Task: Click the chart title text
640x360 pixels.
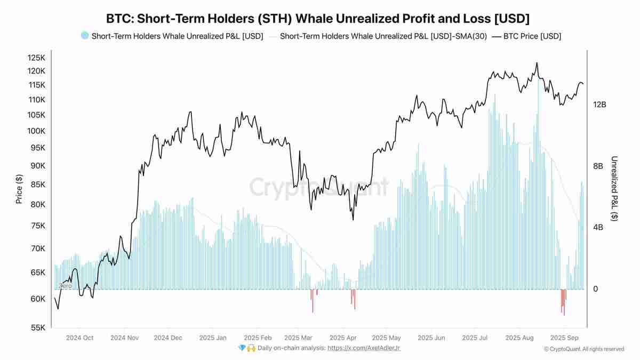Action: (x=318, y=19)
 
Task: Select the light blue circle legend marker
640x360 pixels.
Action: (x=84, y=36)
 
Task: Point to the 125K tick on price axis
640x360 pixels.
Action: (x=37, y=57)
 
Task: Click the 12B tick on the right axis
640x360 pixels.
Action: (x=599, y=105)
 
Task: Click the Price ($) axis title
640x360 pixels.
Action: (x=19, y=190)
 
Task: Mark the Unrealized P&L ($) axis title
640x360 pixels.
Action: (x=614, y=189)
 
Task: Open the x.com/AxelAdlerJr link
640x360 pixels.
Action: (x=364, y=348)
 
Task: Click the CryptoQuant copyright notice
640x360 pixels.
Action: (x=583, y=349)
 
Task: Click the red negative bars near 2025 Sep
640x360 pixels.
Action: (x=563, y=301)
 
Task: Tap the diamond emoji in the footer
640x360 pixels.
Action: (x=242, y=348)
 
